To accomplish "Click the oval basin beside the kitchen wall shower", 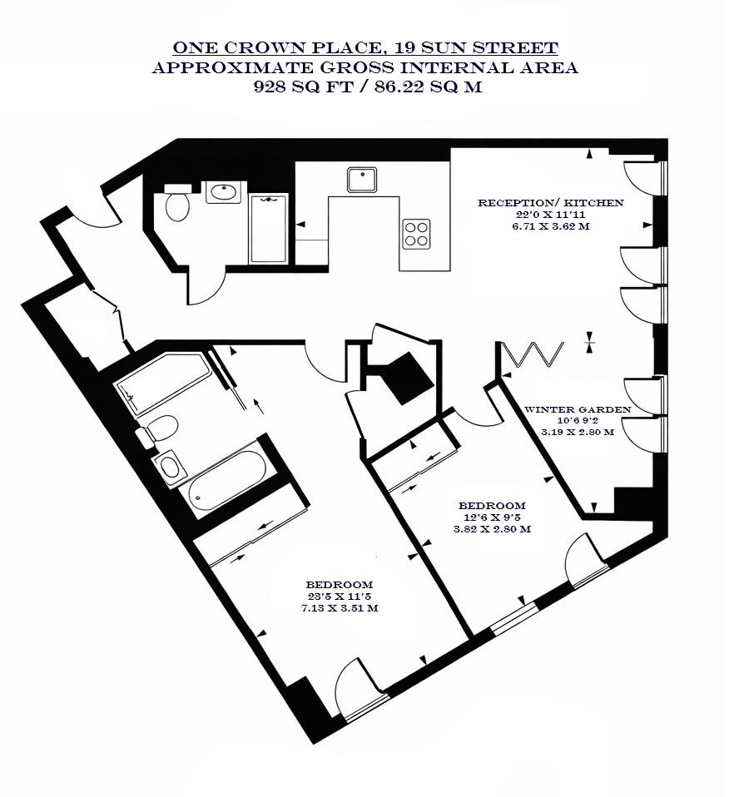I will tap(223, 192).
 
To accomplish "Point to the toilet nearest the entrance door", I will tap(177, 203).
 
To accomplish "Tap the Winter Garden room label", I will tap(577, 409).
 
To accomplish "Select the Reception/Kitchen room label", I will tap(550, 203).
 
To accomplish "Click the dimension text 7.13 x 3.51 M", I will tap(339, 608).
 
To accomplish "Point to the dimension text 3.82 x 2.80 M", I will tap(492, 529).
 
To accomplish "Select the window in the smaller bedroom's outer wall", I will tap(512, 618).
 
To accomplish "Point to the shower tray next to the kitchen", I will tap(268, 227).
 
